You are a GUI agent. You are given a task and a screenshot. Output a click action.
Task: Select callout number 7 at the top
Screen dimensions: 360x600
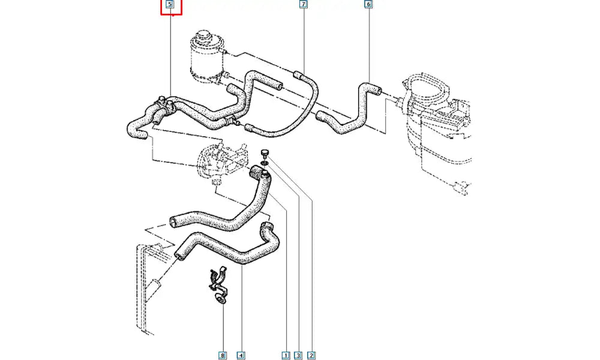click(303, 5)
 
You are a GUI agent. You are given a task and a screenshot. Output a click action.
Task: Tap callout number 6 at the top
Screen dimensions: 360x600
click(368, 5)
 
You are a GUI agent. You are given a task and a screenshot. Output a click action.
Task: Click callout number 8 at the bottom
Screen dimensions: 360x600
click(223, 355)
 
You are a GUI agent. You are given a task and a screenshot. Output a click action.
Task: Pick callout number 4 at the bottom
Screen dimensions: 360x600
click(241, 355)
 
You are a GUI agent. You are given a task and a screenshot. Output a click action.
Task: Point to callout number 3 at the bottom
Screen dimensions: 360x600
click(298, 355)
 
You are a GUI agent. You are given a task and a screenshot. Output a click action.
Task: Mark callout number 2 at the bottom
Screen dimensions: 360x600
click(311, 355)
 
